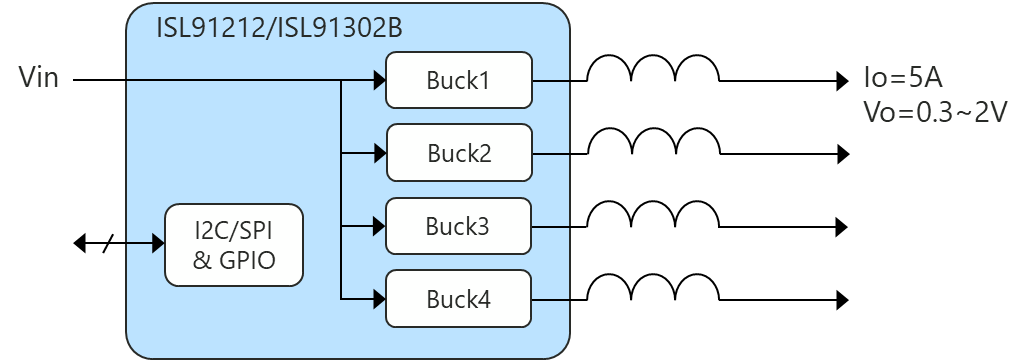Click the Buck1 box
click(x=459, y=80)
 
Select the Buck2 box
click(x=459, y=153)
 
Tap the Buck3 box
click(x=459, y=226)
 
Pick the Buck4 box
click(x=459, y=299)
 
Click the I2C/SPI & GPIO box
click(x=234, y=244)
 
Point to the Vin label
click(x=39, y=78)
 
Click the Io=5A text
click(x=902, y=79)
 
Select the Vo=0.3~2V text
click(x=934, y=112)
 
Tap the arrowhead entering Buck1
click(x=379, y=80)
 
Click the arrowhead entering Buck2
click(x=379, y=153)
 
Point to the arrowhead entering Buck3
click(x=379, y=226)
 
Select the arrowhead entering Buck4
click(x=379, y=299)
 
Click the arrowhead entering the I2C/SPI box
click(x=158, y=243)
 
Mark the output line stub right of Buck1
click(x=551, y=80)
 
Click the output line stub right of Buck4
click(x=551, y=299)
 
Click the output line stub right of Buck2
click(x=551, y=153)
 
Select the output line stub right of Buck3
click(x=551, y=226)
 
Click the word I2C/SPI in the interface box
click(x=234, y=230)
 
